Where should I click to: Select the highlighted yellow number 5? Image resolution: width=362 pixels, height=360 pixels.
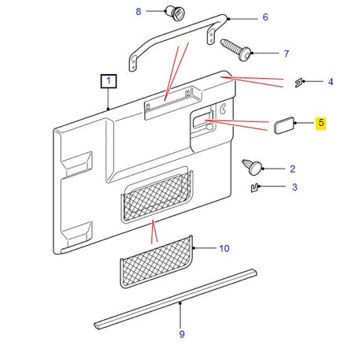[x=321, y=123]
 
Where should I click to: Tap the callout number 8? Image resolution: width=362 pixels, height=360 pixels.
[x=139, y=11]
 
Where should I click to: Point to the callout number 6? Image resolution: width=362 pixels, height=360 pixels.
[x=265, y=17]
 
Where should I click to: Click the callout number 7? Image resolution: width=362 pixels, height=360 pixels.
[x=286, y=54]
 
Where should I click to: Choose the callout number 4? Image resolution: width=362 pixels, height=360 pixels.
[x=331, y=81]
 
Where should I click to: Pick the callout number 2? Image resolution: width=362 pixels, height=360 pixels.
[x=293, y=168]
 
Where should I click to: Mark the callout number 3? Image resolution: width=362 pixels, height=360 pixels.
[x=294, y=188]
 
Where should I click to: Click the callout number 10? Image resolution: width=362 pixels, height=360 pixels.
[x=224, y=248]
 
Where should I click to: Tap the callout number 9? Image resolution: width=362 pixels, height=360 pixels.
[x=182, y=334]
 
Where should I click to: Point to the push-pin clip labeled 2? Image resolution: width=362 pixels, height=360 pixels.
[x=253, y=166]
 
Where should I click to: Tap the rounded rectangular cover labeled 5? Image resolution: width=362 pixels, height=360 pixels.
[x=284, y=124]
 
